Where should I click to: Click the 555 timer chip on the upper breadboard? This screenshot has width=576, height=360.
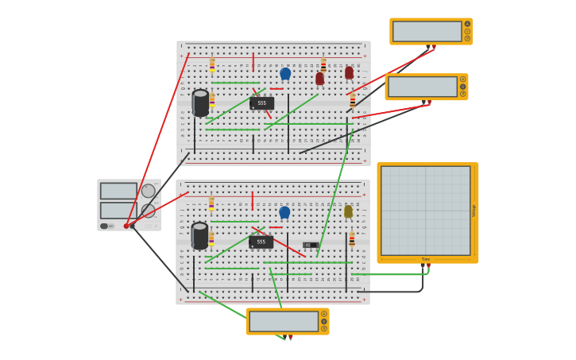261,103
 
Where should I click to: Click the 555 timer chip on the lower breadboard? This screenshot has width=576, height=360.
261,242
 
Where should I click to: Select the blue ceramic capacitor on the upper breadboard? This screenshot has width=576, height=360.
285,74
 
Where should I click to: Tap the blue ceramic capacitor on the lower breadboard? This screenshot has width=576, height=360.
284,212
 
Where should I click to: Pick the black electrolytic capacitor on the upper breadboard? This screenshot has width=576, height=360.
200,103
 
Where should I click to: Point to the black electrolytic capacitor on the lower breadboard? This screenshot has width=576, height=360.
199,236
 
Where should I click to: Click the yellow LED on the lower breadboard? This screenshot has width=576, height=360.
348,211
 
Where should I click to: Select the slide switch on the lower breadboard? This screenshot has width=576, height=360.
310,245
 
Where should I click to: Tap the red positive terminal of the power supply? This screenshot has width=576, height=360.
126,226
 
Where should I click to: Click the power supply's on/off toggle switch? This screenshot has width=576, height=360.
104,226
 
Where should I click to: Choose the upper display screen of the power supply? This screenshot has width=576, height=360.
118,191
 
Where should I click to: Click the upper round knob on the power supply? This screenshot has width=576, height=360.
149,191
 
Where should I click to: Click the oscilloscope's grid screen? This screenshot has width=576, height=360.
425,211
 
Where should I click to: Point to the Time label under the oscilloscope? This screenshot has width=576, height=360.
425,259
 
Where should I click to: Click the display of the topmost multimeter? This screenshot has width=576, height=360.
427,31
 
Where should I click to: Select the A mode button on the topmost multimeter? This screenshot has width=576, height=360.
467,24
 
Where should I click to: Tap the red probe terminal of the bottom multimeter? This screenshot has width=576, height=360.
290,336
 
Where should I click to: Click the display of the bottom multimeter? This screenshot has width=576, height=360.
283,321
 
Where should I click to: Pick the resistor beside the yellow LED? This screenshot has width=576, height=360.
352,238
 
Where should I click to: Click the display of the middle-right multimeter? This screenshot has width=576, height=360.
422,87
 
